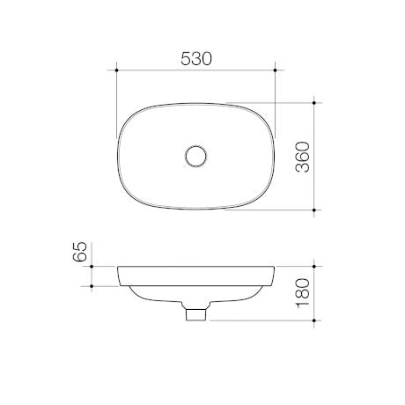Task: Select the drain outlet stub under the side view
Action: pos(196,313)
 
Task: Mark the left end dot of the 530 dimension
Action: pos(117,70)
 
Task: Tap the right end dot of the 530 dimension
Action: pos(276,70)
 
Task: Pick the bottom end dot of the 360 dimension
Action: pos(318,210)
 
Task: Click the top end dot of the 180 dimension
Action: pos(318,266)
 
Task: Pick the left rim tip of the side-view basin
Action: pos(118,267)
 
